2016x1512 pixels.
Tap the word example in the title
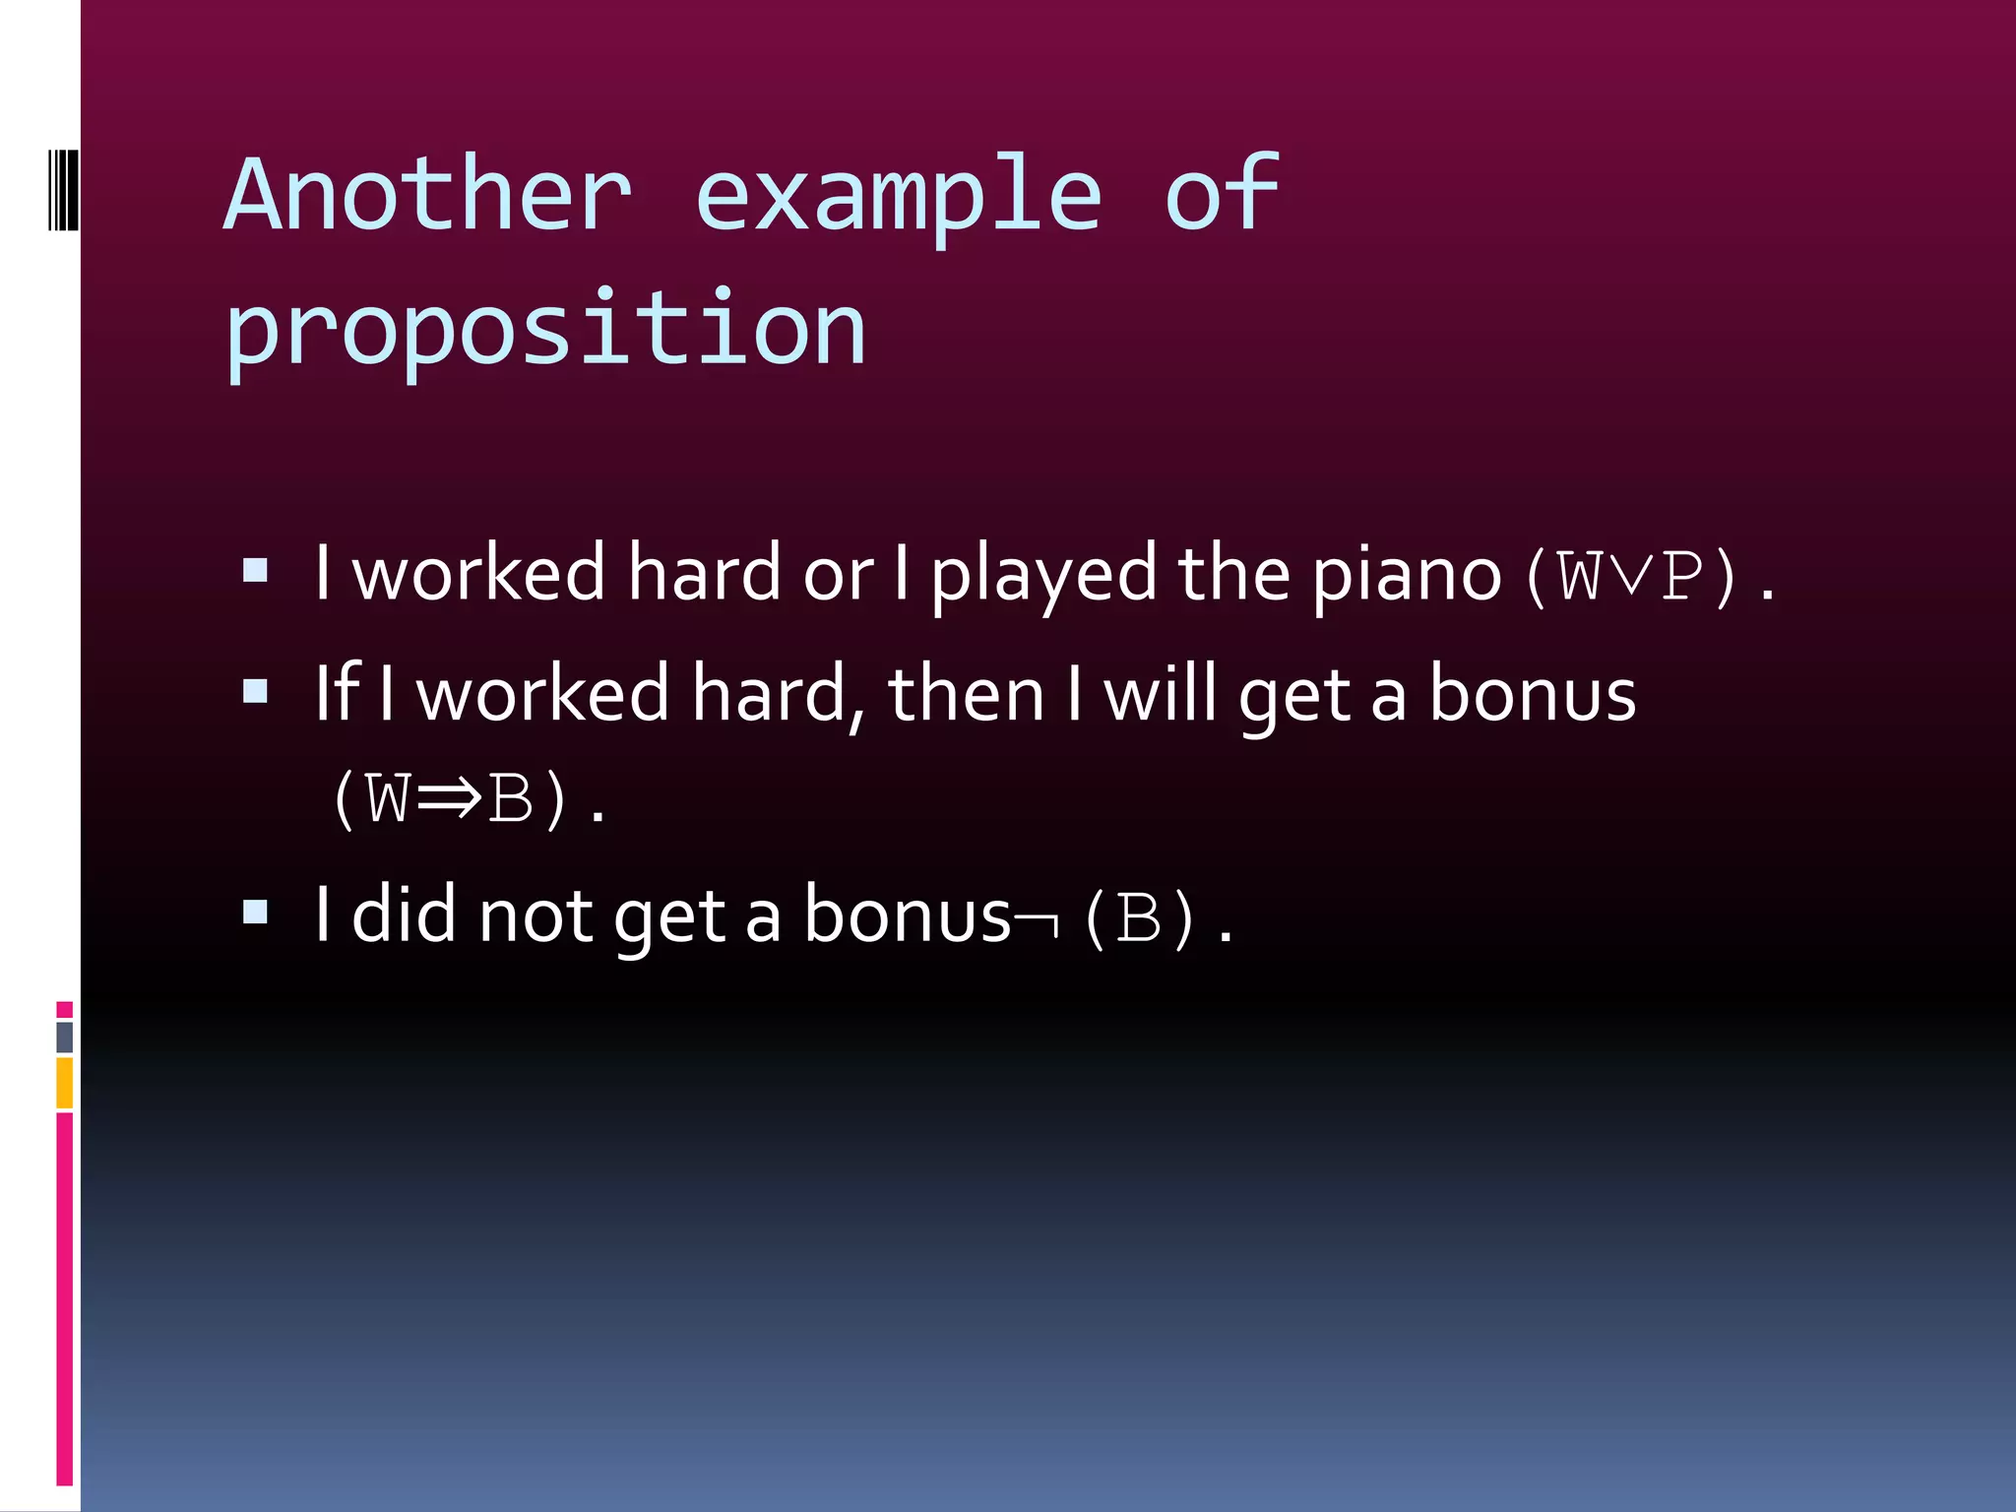898,197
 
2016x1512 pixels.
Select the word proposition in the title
545,329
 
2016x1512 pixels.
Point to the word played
1043,576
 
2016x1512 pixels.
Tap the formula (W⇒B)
449,798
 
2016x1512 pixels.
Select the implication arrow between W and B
449,798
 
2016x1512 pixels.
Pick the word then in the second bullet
966,695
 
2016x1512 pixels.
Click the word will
1161,695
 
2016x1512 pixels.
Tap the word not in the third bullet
535,915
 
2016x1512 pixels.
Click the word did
404,915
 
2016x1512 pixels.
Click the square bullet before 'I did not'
256,913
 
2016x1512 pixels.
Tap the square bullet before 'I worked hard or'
256,571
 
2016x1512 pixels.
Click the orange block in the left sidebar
65,1083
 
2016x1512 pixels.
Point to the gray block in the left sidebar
65,1038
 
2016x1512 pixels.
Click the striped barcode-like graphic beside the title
64,189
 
